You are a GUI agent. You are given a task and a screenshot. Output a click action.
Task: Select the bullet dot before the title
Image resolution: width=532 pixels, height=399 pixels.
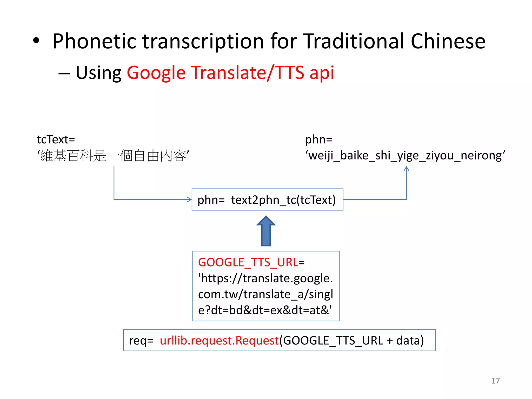coord(36,41)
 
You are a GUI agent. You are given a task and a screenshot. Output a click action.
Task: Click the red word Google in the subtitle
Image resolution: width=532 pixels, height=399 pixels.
coord(156,73)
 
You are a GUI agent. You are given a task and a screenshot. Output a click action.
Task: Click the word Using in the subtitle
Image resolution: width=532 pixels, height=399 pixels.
coord(98,73)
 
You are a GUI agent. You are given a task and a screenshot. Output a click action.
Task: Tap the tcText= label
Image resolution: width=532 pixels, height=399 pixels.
coord(56,139)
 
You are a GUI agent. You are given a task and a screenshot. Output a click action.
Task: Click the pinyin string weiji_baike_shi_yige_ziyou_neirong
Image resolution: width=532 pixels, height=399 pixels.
coord(405,156)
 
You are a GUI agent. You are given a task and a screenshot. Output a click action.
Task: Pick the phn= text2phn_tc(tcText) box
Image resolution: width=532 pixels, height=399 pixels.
coord(267,199)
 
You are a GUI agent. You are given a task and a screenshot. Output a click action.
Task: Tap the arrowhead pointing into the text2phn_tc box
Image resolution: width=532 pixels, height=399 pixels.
coord(189,199)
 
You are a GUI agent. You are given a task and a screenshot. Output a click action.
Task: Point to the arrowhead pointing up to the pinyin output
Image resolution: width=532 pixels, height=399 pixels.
coord(407,169)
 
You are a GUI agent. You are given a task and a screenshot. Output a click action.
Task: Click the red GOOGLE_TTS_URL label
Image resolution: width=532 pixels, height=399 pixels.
coord(248,262)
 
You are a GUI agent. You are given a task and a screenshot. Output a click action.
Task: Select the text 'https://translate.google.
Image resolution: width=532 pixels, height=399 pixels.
coord(265,278)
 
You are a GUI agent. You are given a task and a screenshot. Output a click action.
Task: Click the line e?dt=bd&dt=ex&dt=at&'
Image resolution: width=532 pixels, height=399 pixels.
coord(265,310)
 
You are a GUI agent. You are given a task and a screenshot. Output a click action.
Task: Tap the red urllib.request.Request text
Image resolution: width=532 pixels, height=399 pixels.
coord(219,341)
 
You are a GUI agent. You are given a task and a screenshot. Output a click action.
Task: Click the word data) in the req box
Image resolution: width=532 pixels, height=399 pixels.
coord(410,341)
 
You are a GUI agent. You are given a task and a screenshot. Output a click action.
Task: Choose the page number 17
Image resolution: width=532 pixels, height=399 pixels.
coord(495,381)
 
